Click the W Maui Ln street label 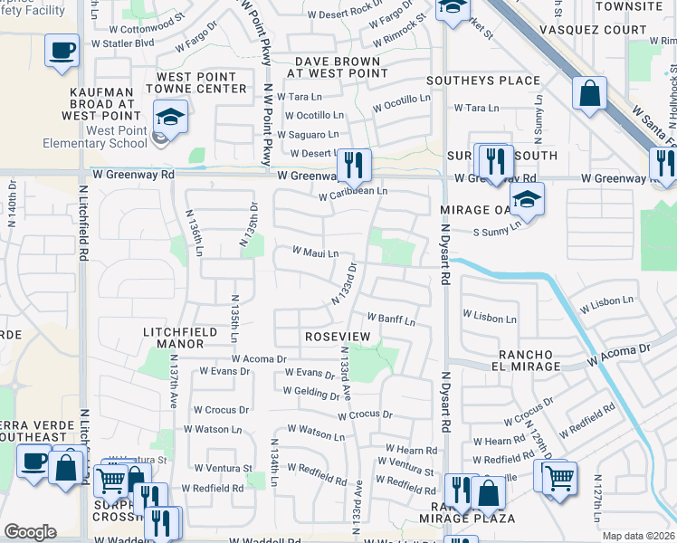click(314, 253)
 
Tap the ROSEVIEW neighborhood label click(338, 336)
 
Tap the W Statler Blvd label click(123, 43)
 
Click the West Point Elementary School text click(95, 137)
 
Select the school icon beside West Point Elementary click(169, 117)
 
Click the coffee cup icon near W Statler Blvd click(62, 51)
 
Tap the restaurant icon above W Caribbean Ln click(354, 163)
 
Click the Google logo click(30, 532)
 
